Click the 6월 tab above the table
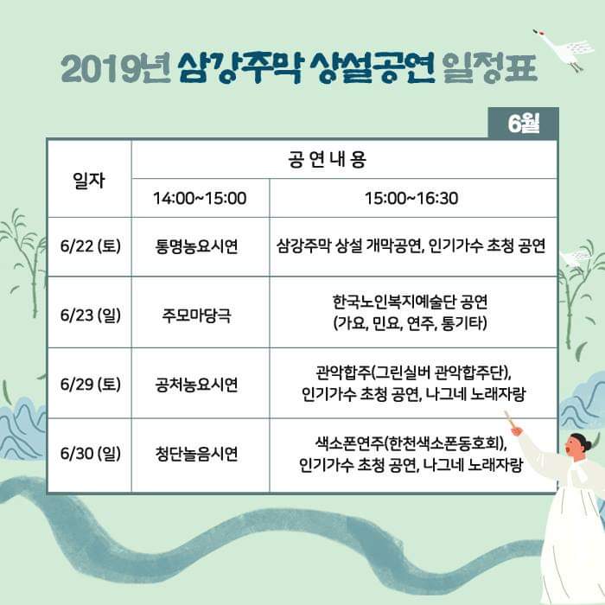(x=523, y=123)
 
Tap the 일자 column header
(x=89, y=180)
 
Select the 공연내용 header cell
(x=327, y=159)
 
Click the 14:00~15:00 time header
(x=200, y=198)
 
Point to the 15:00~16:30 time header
(x=411, y=198)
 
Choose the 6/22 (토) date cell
(x=90, y=245)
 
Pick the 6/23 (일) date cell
(x=90, y=315)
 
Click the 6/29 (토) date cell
(x=90, y=384)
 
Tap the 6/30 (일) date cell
(x=90, y=453)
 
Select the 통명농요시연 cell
(x=196, y=246)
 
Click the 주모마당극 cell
(x=196, y=315)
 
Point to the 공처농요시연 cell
(x=196, y=385)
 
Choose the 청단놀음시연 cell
(x=196, y=454)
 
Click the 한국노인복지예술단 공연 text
(x=411, y=302)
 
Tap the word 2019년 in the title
(x=116, y=68)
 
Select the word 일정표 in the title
(x=490, y=68)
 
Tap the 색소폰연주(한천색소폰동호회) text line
(x=411, y=443)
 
